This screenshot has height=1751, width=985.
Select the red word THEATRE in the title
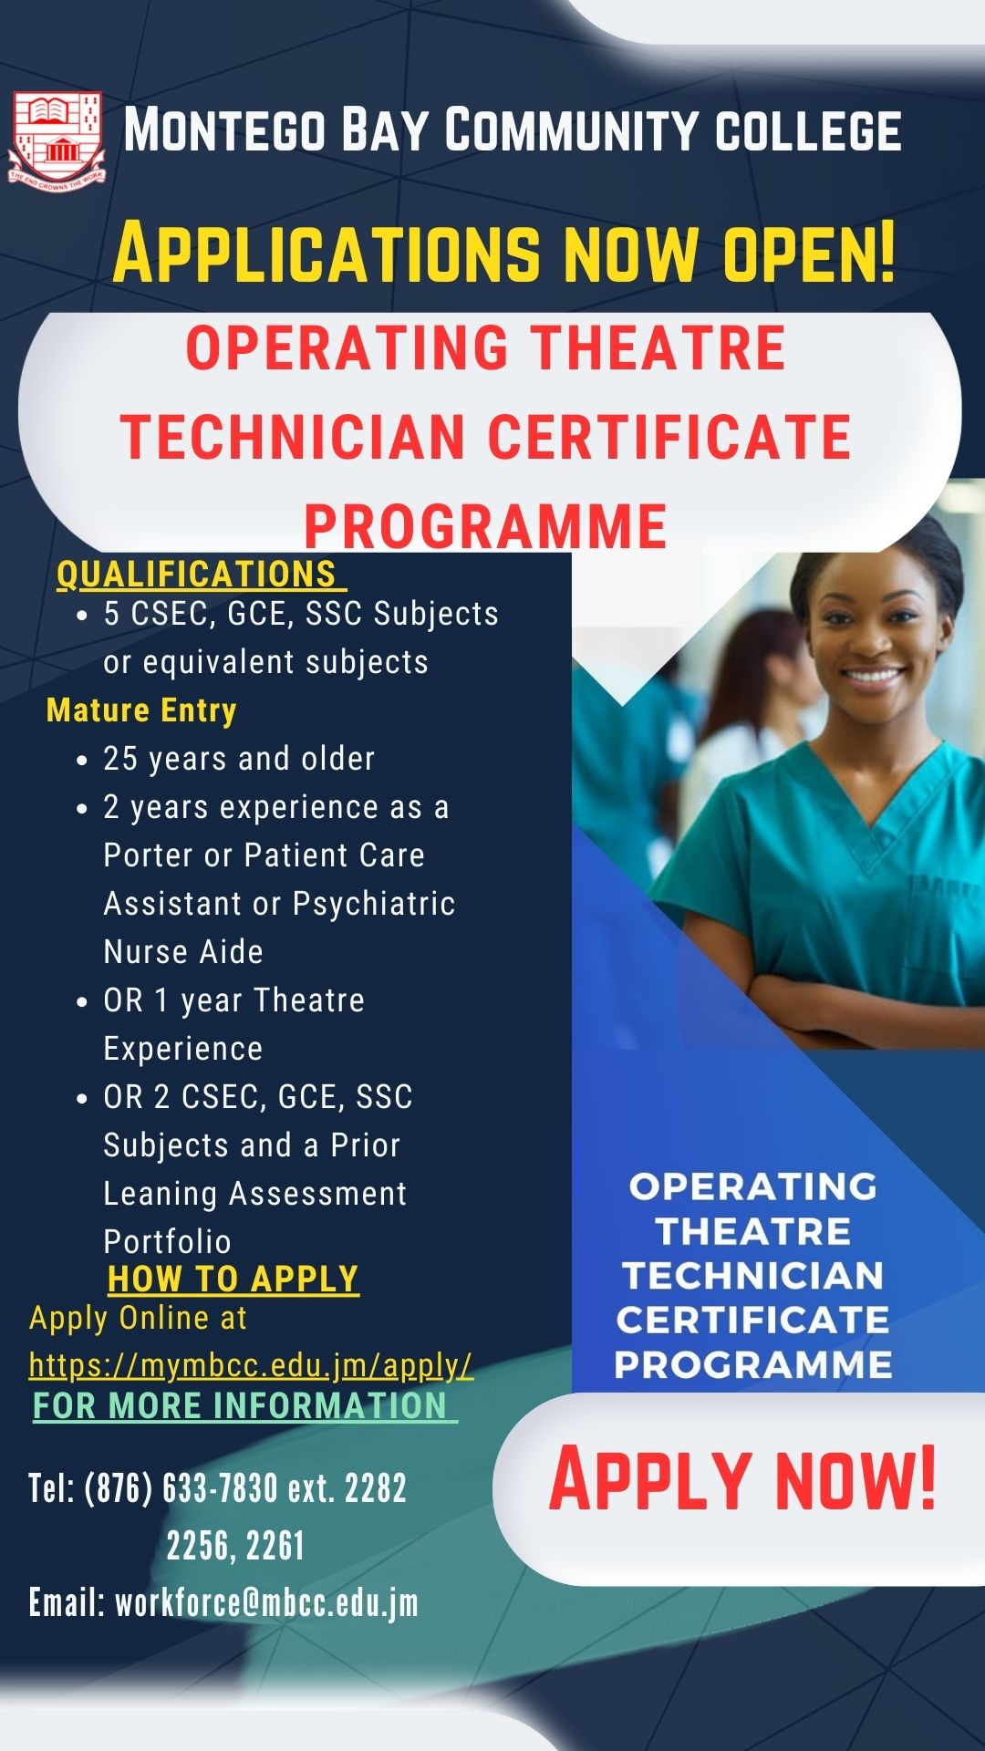[x=658, y=348]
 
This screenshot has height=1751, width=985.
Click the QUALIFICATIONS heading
[x=197, y=575]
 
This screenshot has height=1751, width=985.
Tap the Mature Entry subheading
[x=141, y=710]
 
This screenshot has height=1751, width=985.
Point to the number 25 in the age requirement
[x=119, y=759]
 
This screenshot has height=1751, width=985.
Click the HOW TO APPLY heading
[x=233, y=1280]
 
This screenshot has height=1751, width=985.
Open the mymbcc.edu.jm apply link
[x=251, y=1365]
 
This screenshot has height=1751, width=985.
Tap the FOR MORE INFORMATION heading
[x=241, y=1406]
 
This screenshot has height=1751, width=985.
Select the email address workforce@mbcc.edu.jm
[x=266, y=1602]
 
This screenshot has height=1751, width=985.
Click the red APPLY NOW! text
[x=742, y=1479]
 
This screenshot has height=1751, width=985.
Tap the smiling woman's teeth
[x=874, y=677]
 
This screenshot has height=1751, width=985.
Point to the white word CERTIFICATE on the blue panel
[x=752, y=1320]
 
